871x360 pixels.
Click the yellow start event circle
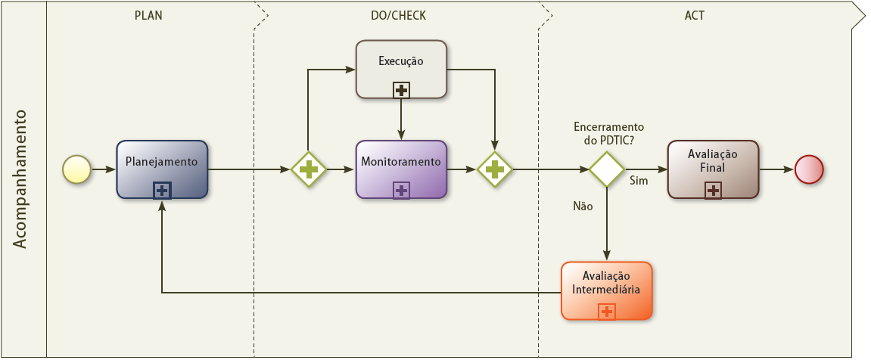coord(76,169)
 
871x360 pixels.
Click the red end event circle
coord(808,169)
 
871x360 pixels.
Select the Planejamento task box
coord(162,169)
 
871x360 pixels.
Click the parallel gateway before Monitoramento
coord(309,169)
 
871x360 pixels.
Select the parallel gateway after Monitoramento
coord(494,169)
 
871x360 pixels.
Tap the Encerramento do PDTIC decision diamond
coord(607,169)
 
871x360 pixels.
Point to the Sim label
coord(639,181)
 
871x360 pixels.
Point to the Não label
coord(583,206)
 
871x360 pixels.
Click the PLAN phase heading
coord(148,16)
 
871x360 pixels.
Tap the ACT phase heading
coord(695,16)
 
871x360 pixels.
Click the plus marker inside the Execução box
coord(401,90)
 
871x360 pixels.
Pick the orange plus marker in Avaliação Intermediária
coord(606,311)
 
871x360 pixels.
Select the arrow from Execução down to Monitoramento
coord(401,119)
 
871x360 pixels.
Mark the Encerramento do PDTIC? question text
coord(608,134)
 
